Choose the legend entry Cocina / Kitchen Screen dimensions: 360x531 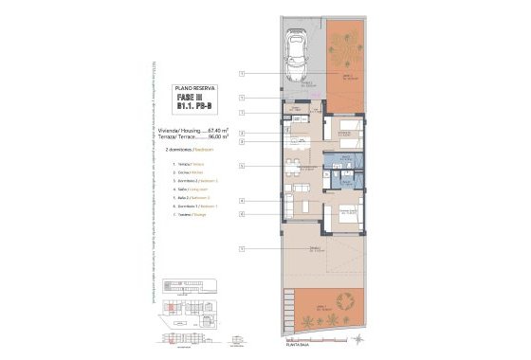click(x=189, y=173)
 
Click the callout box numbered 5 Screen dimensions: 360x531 click(x=243, y=165)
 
